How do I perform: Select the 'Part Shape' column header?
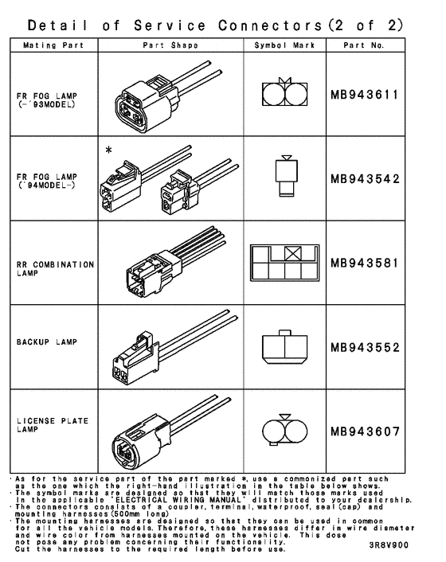pos(170,45)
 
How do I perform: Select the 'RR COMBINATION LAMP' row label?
pos(54,267)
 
